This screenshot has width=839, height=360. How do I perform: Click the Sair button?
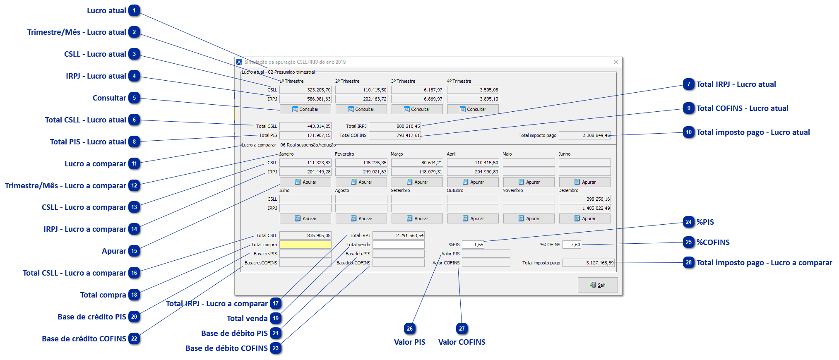tap(598, 285)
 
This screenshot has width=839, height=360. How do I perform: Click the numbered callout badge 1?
tap(135, 11)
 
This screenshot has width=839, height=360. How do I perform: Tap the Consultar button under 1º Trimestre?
tap(305, 109)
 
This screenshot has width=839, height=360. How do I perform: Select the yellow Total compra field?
tap(305, 245)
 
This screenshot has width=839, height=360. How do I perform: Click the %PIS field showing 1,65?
tap(473, 245)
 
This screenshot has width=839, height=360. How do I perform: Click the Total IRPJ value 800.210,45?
tap(395, 126)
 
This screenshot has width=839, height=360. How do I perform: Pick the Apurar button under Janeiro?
tap(305, 182)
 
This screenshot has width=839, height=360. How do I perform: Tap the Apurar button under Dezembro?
tap(585, 218)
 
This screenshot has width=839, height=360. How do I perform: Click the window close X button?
tap(616, 62)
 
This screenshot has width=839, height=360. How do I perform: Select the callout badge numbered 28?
tap(689, 263)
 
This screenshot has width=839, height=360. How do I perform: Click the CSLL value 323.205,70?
tap(305, 90)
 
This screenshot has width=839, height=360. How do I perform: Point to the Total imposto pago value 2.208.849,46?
tap(584, 135)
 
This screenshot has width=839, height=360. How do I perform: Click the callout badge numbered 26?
tap(410, 329)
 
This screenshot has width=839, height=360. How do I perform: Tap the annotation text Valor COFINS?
tap(462, 342)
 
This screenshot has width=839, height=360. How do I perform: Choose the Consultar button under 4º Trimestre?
tap(473, 109)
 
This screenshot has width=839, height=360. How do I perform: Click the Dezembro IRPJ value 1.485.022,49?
tap(584, 208)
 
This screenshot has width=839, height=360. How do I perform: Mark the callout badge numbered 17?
tap(276, 304)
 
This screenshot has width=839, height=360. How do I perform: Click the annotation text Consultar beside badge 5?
tap(109, 98)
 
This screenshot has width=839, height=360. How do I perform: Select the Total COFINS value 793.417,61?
tap(395, 135)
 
